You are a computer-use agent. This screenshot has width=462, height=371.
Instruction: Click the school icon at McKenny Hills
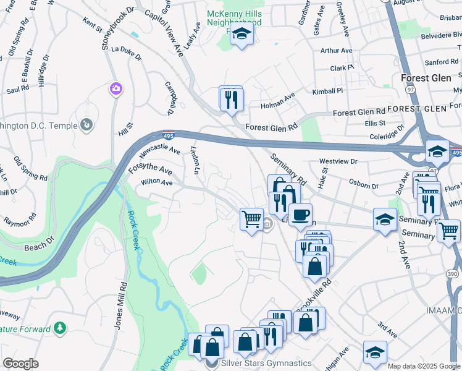241,35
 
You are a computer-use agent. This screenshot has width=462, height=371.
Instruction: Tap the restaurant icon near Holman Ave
232,99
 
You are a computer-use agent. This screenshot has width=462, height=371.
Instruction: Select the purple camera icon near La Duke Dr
115,89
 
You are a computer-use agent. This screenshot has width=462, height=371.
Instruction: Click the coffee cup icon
300,215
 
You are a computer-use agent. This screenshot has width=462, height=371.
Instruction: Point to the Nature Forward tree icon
60,327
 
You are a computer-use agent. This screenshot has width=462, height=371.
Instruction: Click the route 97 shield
410,89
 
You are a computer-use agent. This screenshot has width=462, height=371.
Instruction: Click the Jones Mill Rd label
119,306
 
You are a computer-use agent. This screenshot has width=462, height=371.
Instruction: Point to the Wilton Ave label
156,182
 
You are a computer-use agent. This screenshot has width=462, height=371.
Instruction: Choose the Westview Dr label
338,161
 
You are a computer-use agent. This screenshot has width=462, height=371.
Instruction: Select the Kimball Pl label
327,91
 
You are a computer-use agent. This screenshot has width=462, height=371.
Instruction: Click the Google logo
20,364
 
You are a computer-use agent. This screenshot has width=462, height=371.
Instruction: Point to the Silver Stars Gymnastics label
267,363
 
